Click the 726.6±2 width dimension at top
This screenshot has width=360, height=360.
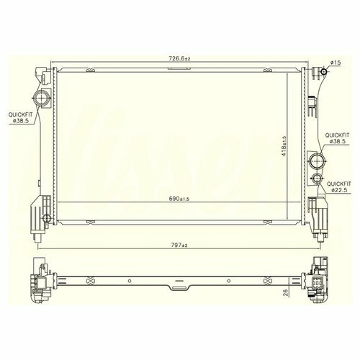179,58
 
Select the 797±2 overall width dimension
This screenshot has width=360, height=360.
179,246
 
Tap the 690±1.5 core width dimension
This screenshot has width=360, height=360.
179,199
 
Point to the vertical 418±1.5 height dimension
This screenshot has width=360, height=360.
284,146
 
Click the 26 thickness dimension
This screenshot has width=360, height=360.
286,292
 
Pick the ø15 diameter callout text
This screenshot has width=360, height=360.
336,63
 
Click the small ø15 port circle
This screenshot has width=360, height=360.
324,71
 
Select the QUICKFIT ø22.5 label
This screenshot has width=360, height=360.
339,187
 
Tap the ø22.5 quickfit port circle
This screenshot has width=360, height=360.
316,179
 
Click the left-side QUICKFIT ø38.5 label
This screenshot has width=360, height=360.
20,117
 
